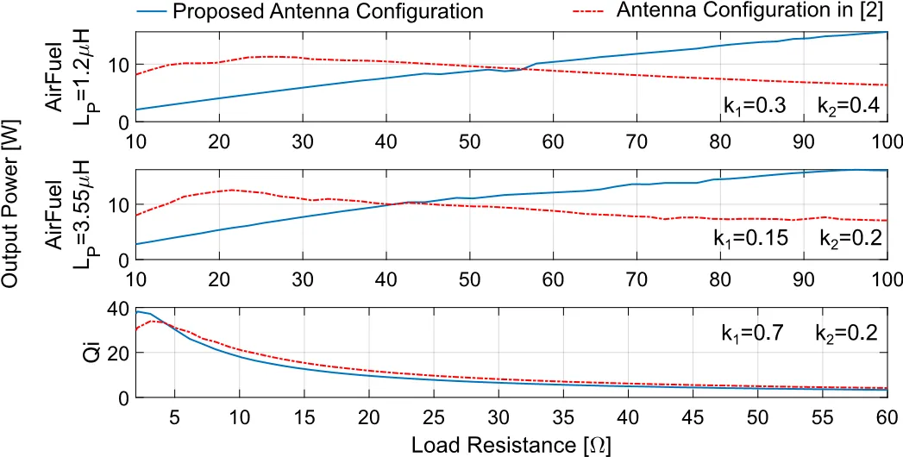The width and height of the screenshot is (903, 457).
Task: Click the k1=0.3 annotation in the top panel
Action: pyautogui.click(x=755, y=106)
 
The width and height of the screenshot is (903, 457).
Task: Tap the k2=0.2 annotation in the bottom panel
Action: pyautogui.click(x=846, y=333)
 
